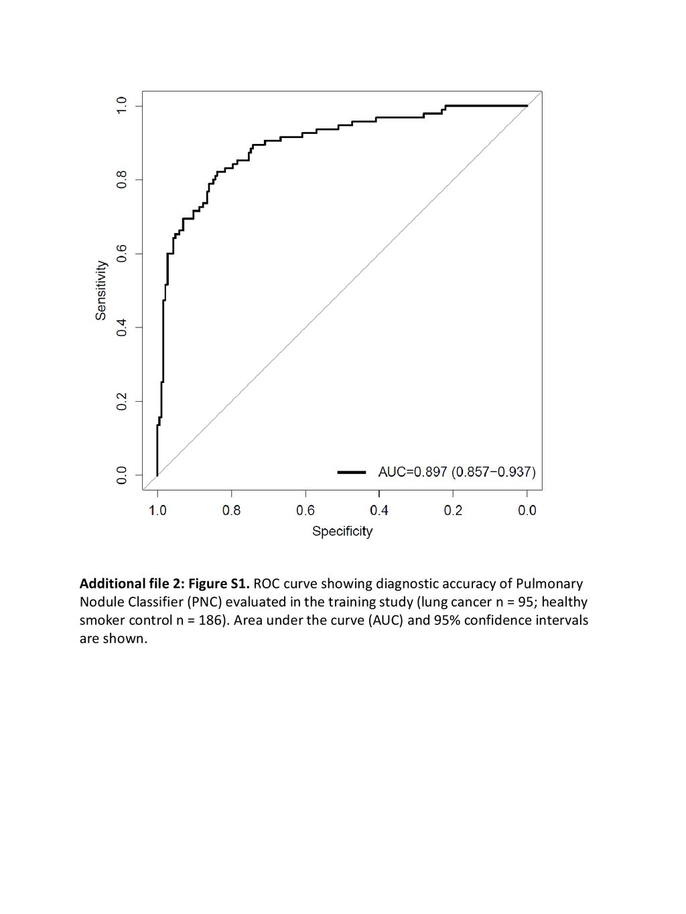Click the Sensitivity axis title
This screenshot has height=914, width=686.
(x=100, y=290)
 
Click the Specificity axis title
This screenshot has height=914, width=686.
(x=342, y=532)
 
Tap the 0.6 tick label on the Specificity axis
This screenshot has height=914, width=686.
(x=305, y=510)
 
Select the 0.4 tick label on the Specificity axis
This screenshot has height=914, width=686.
(x=379, y=510)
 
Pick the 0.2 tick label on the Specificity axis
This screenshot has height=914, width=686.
(x=453, y=510)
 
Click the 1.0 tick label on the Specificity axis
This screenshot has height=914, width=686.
(x=157, y=510)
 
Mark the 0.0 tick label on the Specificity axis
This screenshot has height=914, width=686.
(x=527, y=510)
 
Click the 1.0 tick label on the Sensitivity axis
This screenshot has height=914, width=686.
(x=121, y=106)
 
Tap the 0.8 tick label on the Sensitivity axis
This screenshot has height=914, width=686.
(x=121, y=179)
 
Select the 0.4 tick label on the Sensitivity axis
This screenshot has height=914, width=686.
(x=121, y=327)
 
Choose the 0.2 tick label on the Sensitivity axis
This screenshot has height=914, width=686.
(x=121, y=401)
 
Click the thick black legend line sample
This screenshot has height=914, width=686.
(x=352, y=472)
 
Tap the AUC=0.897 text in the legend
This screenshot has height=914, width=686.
(x=413, y=472)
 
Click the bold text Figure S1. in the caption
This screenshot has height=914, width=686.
(x=218, y=584)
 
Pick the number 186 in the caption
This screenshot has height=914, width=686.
(x=210, y=621)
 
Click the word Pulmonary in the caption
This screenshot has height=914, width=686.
(x=549, y=584)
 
